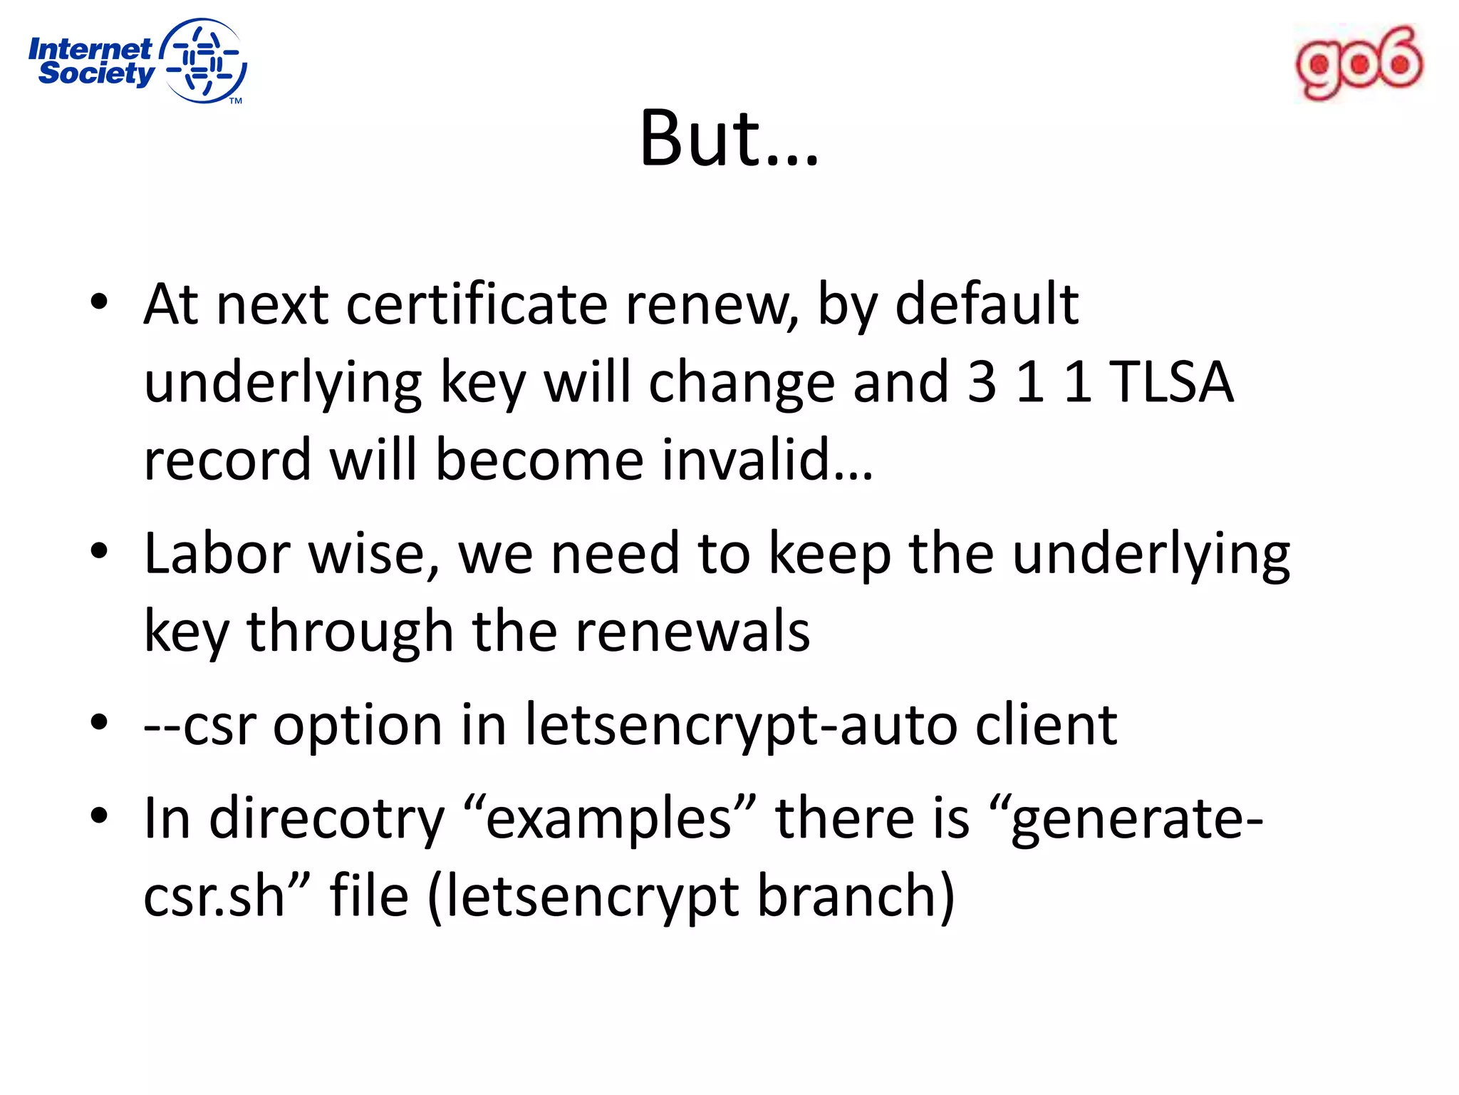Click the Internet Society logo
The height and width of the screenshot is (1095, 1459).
137,61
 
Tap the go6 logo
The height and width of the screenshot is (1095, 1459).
1359,63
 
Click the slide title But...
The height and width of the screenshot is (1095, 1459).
729,138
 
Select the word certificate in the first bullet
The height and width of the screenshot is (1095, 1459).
476,304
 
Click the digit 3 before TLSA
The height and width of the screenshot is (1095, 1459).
982,382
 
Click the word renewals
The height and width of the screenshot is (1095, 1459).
692,632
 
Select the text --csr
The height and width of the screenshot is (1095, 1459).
199,725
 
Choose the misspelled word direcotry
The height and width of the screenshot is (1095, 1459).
326,819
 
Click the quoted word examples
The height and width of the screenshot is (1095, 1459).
609,818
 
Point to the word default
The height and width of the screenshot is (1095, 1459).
986,304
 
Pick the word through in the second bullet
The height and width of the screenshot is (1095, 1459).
349,632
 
